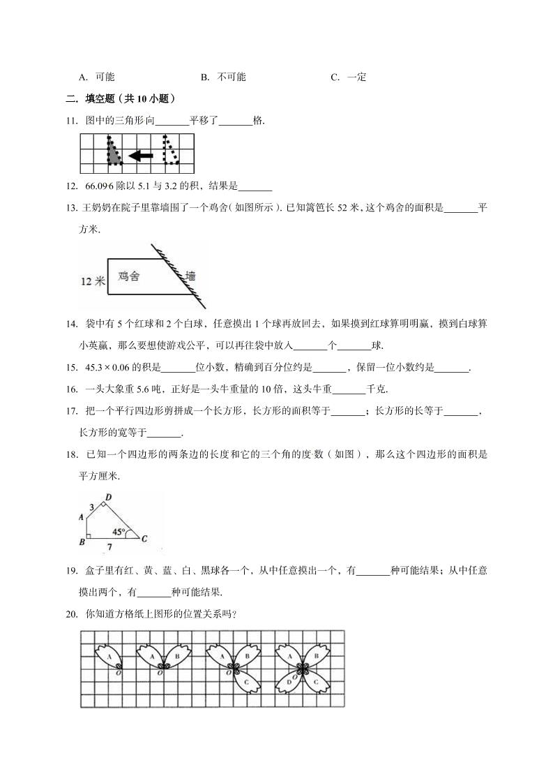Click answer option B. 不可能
click(x=224, y=77)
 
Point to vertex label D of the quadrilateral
click(x=107, y=497)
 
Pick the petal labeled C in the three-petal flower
click(x=245, y=683)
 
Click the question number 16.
click(x=70, y=389)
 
